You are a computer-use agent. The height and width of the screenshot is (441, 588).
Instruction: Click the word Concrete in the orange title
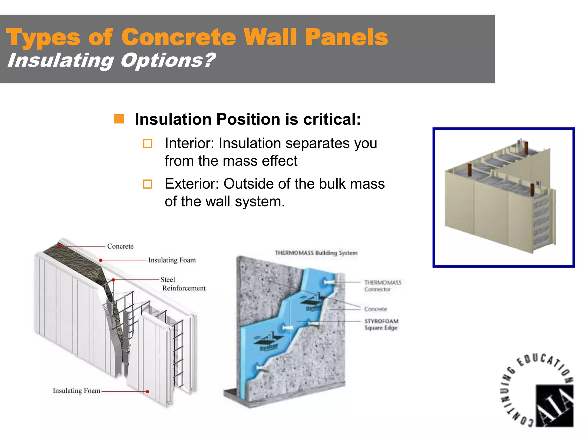(179, 37)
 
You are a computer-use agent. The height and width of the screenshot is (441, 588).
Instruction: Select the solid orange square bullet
(119, 119)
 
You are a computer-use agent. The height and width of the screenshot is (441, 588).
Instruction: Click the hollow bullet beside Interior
(148, 143)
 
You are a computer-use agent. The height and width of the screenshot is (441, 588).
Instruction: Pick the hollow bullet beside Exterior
(148, 184)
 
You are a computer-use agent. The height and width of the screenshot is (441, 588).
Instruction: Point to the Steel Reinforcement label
(183, 284)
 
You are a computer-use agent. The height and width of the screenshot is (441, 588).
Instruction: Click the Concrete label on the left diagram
(120, 246)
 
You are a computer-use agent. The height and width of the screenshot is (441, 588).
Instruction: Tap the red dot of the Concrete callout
(59, 246)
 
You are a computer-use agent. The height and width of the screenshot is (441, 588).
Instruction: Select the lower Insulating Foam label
(76, 391)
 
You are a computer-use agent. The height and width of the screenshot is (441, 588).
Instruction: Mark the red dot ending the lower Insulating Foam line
(147, 392)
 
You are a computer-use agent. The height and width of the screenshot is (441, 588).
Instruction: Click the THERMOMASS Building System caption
(316, 253)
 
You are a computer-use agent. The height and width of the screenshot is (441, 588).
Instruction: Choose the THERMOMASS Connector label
(382, 286)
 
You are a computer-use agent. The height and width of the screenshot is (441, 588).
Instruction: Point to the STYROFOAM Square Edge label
(381, 324)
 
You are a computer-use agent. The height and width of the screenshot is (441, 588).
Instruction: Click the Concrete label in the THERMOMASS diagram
(376, 309)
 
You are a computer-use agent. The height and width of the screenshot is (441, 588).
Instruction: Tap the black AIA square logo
(554, 406)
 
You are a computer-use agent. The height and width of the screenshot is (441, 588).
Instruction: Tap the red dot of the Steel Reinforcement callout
(113, 280)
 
